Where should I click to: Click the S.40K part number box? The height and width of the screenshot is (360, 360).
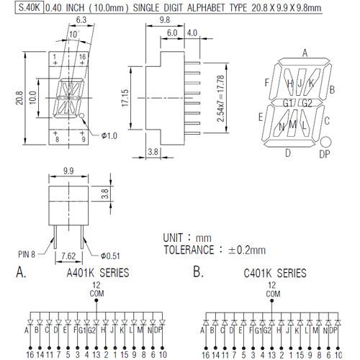pyautogui.click(x=30, y=7)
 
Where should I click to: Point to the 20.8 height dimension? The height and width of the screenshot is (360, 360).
pyautogui.click(x=19, y=98)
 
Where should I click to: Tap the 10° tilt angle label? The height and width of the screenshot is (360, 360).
pyautogui.click(x=74, y=35)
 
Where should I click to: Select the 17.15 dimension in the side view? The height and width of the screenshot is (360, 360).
pyautogui.click(x=125, y=98)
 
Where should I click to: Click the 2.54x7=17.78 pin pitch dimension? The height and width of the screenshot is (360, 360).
pyautogui.click(x=220, y=99)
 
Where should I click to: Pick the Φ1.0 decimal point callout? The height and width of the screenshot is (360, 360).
pyautogui.click(x=109, y=136)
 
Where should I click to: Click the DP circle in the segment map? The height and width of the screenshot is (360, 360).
pyautogui.click(x=325, y=142)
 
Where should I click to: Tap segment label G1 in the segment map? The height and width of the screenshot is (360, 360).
pyautogui.click(x=288, y=103)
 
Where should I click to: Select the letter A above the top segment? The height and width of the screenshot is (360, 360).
pyautogui.click(x=305, y=53)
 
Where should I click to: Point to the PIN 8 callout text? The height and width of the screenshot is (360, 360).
pyautogui.click(x=27, y=254)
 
